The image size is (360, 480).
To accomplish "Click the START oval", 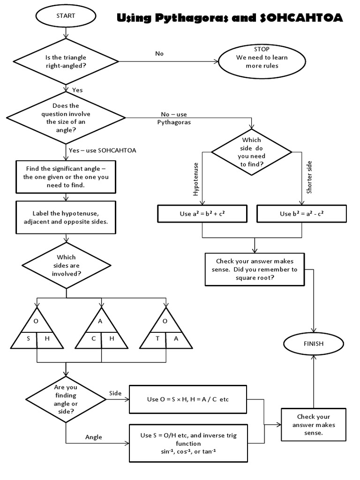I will [66, 16].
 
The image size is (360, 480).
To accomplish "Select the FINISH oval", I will [313, 343].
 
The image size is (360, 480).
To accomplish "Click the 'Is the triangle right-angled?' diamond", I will [66, 61].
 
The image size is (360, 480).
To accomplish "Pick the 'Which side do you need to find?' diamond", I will [252, 152].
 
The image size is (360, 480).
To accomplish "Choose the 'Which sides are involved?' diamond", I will [66, 265].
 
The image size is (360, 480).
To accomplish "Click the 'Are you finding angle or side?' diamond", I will [66, 399].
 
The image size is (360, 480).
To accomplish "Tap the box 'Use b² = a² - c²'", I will [302, 214].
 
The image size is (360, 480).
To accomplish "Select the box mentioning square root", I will [255, 269].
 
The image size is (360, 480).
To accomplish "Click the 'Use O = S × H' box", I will [188, 399].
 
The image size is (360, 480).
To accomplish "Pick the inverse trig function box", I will [188, 443].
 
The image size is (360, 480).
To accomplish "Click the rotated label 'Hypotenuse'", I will [196, 180].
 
